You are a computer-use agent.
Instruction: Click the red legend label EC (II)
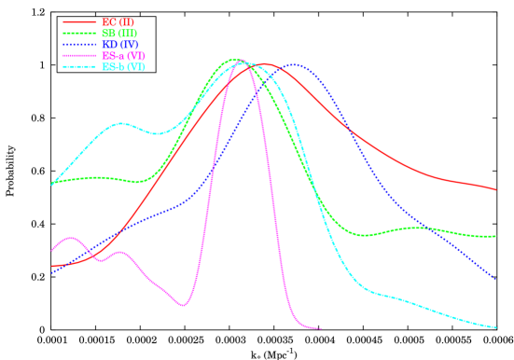coord(117,21)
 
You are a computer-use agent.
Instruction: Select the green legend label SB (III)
coord(119,34)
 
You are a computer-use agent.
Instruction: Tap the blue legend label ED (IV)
coord(119,45)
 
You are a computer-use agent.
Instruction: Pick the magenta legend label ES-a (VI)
coord(123,56)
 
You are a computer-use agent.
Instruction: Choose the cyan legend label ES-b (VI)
coord(123,67)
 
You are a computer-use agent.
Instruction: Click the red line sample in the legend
coord(79,21)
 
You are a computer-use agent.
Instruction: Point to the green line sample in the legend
coord(79,34)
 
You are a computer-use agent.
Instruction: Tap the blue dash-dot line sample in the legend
coord(79,45)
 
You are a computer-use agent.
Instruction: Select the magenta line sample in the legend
coord(79,56)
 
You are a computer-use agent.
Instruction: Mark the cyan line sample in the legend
coord(79,67)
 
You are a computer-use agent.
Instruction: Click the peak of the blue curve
coord(295,65)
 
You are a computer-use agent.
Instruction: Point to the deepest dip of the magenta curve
coord(184,305)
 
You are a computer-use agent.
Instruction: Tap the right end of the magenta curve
coord(320,328)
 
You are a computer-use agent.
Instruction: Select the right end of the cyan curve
coord(495,327)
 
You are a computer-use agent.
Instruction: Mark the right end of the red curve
coord(495,189)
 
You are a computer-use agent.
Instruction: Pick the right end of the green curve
coord(495,236)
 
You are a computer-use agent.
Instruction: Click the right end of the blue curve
coord(494,279)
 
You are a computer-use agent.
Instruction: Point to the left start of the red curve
coord(52,267)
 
